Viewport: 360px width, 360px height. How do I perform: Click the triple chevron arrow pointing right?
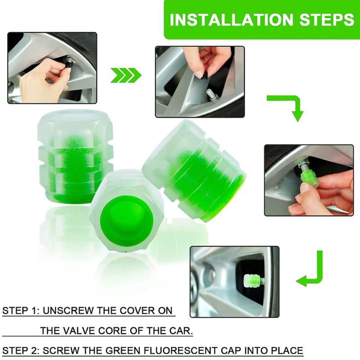coord(125,75)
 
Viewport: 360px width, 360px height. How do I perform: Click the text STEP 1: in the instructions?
coord(20,311)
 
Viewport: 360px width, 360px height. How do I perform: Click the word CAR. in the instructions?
coord(181,331)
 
